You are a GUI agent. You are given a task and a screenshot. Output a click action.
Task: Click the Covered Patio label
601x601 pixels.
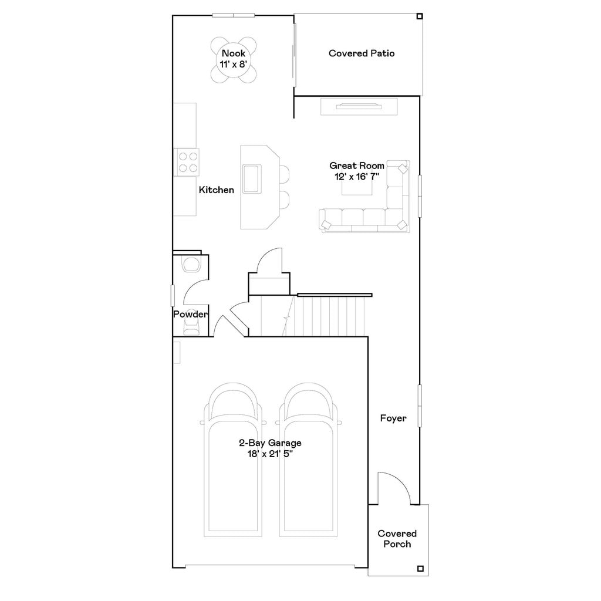tap(362, 53)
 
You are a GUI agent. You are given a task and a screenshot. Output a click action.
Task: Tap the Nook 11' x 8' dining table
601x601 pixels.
tap(234, 60)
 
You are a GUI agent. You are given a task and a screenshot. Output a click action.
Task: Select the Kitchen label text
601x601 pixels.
tap(216, 190)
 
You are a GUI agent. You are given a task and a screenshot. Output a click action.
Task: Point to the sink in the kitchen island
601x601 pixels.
tap(252, 178)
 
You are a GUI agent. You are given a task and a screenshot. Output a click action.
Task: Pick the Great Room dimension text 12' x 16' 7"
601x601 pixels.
tap(356, 177)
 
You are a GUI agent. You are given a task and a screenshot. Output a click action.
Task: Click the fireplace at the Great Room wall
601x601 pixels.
tap(359, 107)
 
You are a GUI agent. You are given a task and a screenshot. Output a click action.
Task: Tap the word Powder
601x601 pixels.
tap(191, 315)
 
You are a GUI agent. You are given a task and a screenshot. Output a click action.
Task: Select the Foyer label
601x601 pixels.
tap(393, 418)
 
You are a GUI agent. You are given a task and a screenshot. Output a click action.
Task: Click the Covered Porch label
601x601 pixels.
tap(397, 539)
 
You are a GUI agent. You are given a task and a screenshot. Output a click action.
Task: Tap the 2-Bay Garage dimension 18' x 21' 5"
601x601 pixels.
tap(270, 454)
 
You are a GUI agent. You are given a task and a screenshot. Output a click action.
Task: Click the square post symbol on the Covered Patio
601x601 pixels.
tap(419, 16)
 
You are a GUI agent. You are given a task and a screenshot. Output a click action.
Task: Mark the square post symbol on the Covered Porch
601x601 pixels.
tap(420, 568)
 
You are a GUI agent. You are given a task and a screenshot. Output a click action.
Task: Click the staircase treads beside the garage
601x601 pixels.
tap(312, 316)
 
